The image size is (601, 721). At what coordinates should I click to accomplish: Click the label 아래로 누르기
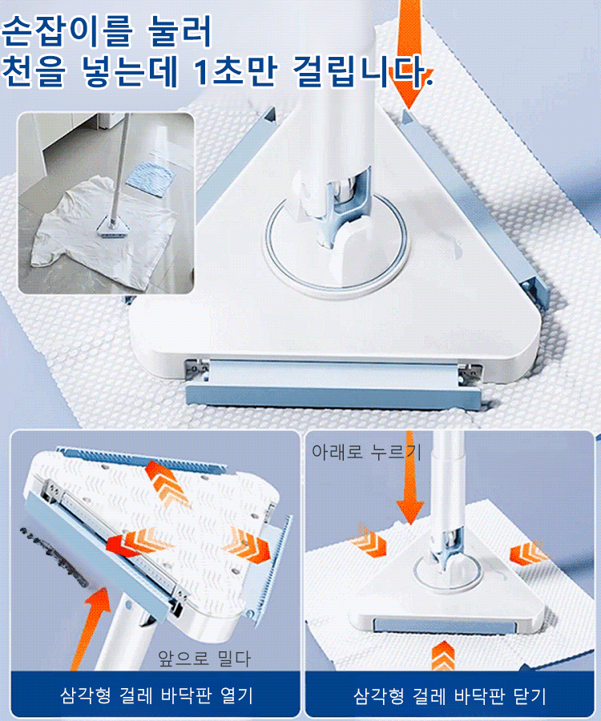366,452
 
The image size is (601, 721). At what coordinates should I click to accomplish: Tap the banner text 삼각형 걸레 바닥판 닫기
450,695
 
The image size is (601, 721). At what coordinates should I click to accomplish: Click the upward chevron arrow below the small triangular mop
443,655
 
